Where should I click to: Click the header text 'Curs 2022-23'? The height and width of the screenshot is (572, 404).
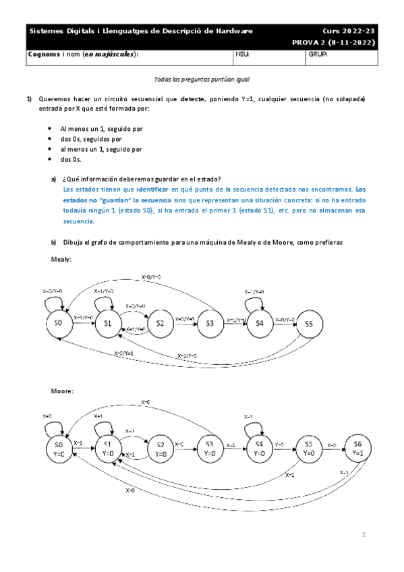(349, 31)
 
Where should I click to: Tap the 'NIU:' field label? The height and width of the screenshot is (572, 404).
(241, 54)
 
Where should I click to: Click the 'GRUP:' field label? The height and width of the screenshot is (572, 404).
(316, 54)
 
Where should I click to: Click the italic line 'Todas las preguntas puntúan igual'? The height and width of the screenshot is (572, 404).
(202, 79)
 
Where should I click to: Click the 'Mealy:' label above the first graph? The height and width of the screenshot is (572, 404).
(61, 259)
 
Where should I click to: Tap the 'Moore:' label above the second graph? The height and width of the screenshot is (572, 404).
(63, 391)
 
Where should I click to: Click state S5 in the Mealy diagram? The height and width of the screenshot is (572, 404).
(309, 324)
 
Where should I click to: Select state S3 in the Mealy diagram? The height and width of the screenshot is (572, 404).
(210, 324)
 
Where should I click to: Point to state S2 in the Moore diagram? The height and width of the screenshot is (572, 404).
(160, 449)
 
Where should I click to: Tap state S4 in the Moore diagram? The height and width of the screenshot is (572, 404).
(259, 449)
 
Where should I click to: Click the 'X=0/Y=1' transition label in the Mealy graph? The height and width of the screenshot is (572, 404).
(123, 353)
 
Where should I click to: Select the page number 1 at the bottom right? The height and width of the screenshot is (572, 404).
(363, 535)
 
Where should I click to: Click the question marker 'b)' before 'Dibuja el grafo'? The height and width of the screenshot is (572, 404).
(54, 242)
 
